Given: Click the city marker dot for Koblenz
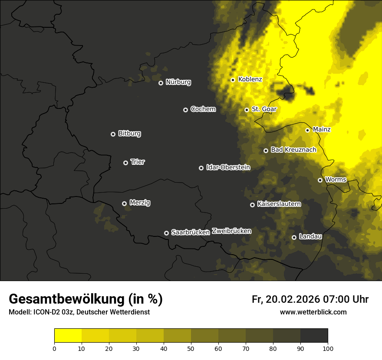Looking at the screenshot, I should [x=233, y=80].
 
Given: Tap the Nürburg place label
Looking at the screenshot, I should [x=178, y=82].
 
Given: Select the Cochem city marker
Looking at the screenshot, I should [x=185, y=110].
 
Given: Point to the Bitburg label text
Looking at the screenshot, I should [x=129, y=134].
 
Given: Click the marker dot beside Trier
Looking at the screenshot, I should [x=125, y=163].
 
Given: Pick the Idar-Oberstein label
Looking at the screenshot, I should [x=228, y=167].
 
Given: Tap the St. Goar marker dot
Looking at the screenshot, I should [x=247, y=110].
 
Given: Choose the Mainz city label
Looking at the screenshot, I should [x=322, y=129].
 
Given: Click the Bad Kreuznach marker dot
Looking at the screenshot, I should [x=266, y=151].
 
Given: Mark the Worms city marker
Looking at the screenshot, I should [x=320, y=180].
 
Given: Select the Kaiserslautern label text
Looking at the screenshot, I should [x=279, y=204].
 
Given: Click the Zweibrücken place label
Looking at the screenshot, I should [x=231, y=231].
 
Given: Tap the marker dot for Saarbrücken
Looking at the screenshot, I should [x=166, y=233].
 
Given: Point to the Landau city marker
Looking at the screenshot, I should [x=294, y=237].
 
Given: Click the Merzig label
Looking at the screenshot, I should [x=140, y=203].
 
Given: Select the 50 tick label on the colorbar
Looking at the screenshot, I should [x=191, y=348].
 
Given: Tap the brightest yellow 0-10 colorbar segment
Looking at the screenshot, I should [x=68, y=336].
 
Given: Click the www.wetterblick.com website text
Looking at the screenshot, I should [x=313, y=312].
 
